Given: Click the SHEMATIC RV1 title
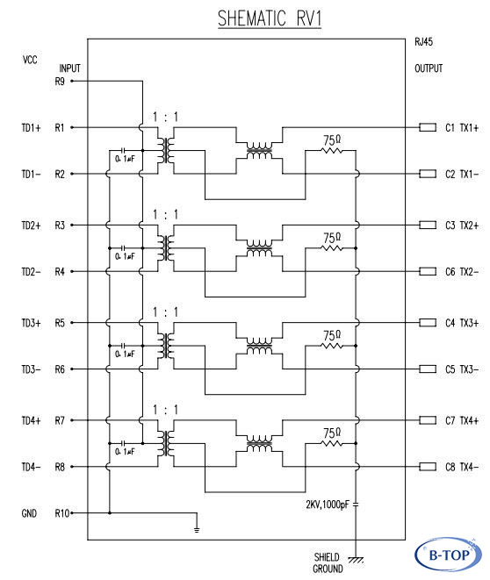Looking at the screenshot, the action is [269, 18].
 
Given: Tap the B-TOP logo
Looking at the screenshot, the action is [448, 555].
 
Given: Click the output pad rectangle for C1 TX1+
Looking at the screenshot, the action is [428, 127].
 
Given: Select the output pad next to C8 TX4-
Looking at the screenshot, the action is [428, 467].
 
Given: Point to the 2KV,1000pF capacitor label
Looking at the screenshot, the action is [328, 505].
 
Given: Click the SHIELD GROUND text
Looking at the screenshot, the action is [328, 562].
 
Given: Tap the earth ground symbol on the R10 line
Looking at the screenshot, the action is [197, 530].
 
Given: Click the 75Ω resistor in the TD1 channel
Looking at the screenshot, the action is [332, 151].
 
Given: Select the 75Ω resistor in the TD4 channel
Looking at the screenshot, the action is [332, 443].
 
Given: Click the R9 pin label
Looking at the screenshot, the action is [60, 82].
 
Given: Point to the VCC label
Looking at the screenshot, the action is [30, 60].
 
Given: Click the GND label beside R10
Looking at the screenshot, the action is [29, 513].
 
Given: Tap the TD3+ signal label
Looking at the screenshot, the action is [31, 323].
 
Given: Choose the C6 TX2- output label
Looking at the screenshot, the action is [462, 272].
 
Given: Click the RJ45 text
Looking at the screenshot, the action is [424, 41].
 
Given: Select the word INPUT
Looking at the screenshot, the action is [69, 68].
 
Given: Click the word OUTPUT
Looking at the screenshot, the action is [429, 68].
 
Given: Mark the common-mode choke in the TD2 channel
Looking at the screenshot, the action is [259, 247].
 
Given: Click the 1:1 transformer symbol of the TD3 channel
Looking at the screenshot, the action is [165, 346].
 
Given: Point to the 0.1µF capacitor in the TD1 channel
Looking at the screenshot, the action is [124, 151].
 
